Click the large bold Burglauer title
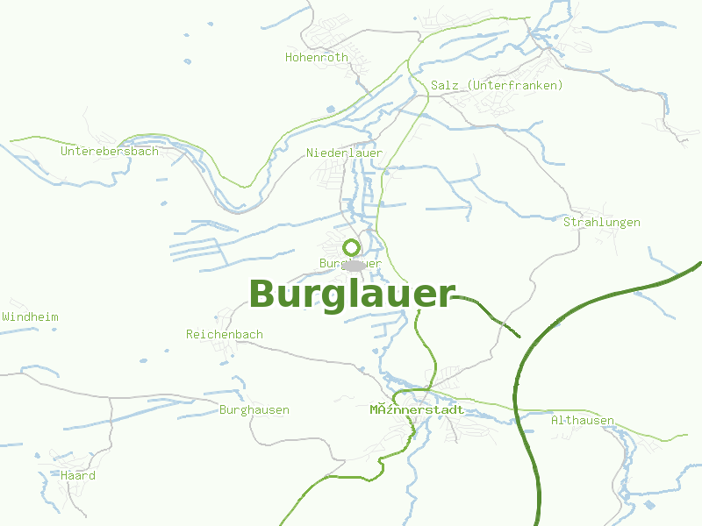coord(353,295)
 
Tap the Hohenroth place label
coord(317,58)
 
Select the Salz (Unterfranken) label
coord(497,85)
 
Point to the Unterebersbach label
coord(110,152)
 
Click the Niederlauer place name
coord(344,153)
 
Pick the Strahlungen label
coord(601,223)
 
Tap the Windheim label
coord(30,316)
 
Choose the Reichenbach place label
coord(225,335)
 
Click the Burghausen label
coord(254,410)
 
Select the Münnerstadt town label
coord(417,409)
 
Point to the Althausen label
coord(583,421)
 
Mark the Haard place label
coord(78,476)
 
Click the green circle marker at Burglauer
coord(351,247)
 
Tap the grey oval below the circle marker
coord(354,265)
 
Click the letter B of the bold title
coord(263,295)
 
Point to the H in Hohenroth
coord(289,58)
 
